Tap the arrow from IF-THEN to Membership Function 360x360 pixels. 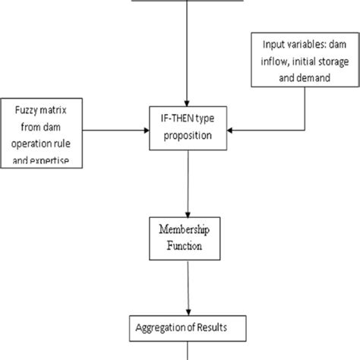pyautogui.click(x=185, y=182)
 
